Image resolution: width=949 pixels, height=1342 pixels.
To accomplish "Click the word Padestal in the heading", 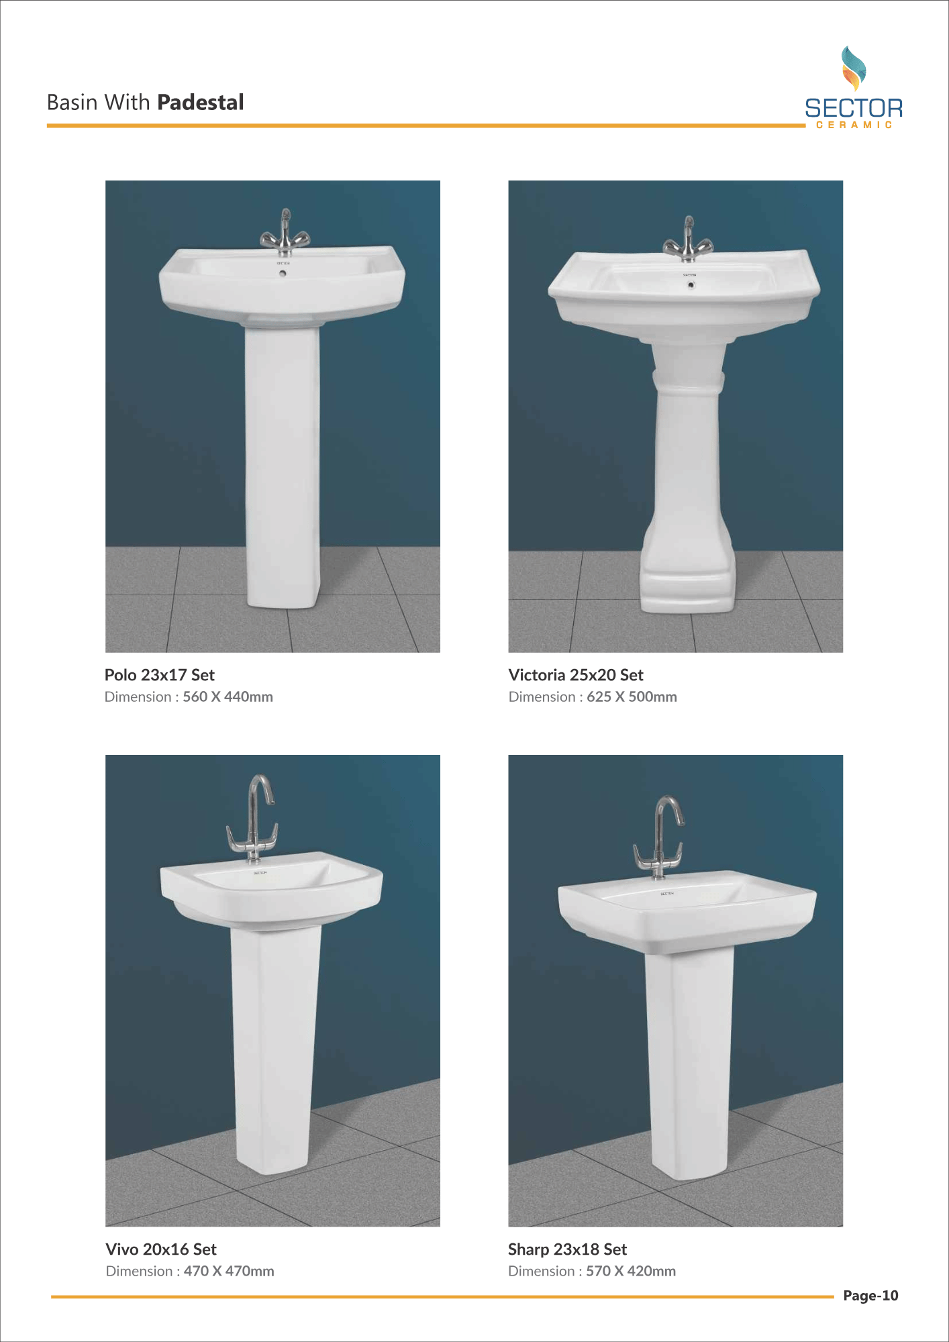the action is [200, 102].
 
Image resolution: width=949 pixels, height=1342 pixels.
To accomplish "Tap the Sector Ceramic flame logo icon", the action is [854, 68].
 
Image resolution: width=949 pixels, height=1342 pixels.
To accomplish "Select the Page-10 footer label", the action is [870, 1296].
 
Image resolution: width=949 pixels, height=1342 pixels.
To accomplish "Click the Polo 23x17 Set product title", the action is [160, 675].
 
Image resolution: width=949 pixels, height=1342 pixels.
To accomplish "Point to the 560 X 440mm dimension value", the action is [228, 697].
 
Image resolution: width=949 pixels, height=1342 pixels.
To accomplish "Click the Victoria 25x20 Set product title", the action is [576, 675].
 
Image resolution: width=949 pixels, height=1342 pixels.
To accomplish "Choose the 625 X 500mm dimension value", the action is [632, 697].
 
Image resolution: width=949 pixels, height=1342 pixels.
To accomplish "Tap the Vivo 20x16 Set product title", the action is [161, 1249].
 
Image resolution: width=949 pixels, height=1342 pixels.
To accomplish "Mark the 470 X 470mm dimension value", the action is [229, 1272].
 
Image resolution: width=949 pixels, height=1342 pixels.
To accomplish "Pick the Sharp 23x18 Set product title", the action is [567, 1249].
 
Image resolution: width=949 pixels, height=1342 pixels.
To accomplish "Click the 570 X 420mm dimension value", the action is [631, 1272].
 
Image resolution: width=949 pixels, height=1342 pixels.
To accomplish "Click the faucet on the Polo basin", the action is [285, 234].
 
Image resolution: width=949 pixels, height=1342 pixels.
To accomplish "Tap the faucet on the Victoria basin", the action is [689, 242].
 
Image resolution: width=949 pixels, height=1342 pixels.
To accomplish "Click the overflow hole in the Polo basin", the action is [283, 273].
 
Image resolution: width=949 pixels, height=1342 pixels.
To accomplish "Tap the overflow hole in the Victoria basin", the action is [691, 285].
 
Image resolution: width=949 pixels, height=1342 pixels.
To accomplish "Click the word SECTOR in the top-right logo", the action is [854, 108].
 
